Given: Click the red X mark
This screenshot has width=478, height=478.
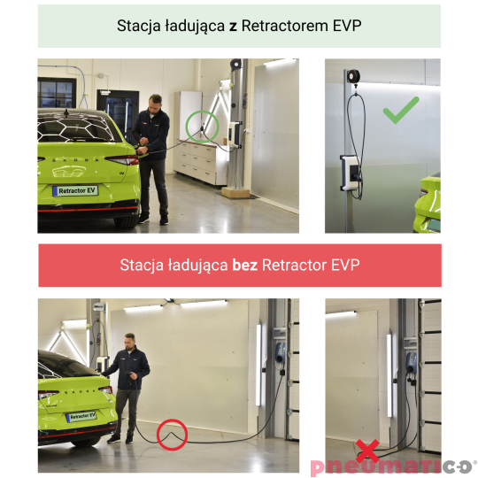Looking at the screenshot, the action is tap(367, 451).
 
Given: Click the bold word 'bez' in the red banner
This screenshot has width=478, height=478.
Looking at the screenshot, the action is tap(244, 265).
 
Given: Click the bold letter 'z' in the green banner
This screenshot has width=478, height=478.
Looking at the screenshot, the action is tap(233, 27).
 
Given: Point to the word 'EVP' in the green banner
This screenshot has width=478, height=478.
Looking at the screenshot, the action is tap(347, 26).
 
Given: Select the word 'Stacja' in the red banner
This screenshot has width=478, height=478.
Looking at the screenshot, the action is tap(142, 266).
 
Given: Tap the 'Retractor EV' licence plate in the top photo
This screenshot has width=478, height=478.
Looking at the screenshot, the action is tap(75, 190).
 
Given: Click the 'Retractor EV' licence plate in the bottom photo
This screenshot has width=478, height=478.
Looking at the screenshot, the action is tap(81, 416).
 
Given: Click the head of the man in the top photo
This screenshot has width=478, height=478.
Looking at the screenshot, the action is tap(155, 104).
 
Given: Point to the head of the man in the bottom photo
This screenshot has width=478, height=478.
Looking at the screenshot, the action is tap(130, 342).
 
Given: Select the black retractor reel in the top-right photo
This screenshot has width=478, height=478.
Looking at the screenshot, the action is tap(353, 76).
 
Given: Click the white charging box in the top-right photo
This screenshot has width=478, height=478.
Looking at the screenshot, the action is tap(350, 173).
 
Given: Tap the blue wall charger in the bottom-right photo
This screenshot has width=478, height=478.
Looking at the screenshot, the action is tap(411, 363).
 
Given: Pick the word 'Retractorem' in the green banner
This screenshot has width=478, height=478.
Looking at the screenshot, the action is tap(285, 26).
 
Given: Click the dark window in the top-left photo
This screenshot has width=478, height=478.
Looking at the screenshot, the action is tap(57, 93).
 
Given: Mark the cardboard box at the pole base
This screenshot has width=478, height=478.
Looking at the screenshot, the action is tap(235, 192).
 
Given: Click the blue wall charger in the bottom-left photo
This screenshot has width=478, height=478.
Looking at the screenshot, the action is tap(280, 352).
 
